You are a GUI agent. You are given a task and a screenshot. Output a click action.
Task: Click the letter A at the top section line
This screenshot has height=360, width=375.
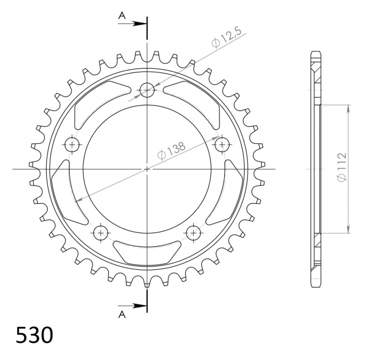point(122,17)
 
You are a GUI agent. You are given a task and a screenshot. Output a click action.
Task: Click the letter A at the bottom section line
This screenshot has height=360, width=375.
point(122,314)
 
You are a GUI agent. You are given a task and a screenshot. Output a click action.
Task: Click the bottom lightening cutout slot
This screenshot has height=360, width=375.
point(146,252)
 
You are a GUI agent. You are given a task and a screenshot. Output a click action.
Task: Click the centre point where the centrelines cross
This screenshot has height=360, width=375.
point(146,169)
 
